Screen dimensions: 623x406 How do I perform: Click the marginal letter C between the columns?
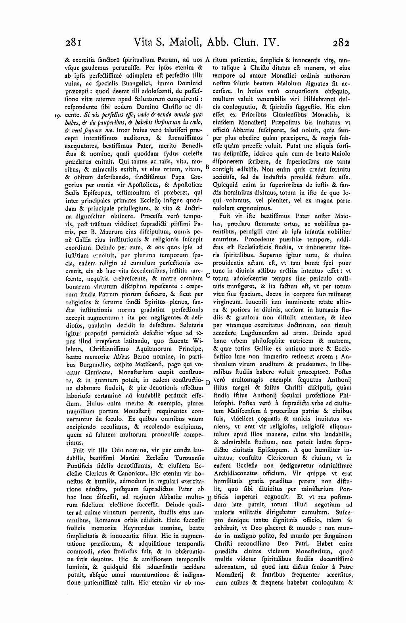tap(207, 274)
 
